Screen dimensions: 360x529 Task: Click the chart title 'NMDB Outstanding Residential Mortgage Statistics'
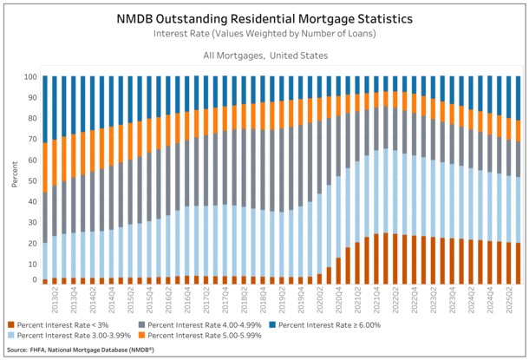pyautogui.click(x=264, y=17)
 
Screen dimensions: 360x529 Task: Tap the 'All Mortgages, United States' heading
pyautogui.click(x=264, y=56)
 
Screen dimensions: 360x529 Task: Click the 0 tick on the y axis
pyautogui.click(x=33, y=280)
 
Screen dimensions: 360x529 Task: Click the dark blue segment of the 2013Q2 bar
pyautogui.click(x=45, y=109)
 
